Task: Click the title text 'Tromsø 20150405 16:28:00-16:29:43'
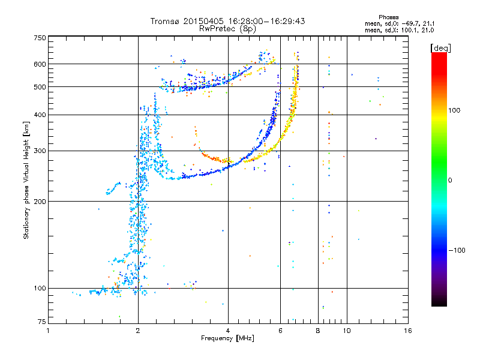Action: pyautogui.click(x=227, y=21)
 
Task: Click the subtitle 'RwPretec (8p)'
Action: pyautogui.click(x=227, y=29)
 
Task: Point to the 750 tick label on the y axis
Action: pyautogui.click(x=40, y=38)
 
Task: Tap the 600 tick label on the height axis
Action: pyautogui.click(x=40, y=64)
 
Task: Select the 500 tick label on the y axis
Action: pyautogui.click(x=40, y=87)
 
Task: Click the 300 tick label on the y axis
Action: pyautogui.click(x=40, y=151)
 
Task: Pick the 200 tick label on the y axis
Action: pyautogui.click(x=40, y=202)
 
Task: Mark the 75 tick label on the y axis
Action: pyautogui.click(x=42, y=322)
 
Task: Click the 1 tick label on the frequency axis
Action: pyautogui.click(x=48, y=331)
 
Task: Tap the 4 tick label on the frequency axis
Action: pyautogui.click(x=228, y=331)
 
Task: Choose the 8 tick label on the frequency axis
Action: pyautogui.click(x=318, y=331)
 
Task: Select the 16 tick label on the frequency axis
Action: pyautogui.click(x=408, y=331)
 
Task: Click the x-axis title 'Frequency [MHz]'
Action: pyautogui.click(x=227, y=338)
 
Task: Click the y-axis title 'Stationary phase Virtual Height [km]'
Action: pyautogui.click(x=26, y=180)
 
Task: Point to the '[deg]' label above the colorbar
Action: pyautogui.click(x=441, y=48)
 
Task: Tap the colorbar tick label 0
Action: pyautogui.click(x=450, y=181)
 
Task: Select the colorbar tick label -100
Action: pyautogui.click(x=457, y=250)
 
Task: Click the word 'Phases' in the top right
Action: pyautogui.click(x=388, y=17)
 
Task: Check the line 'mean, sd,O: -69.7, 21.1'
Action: pyautogui.click(x=400, y=23)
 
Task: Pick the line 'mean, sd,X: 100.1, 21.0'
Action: pyautogui.click(x=400, y=30)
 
